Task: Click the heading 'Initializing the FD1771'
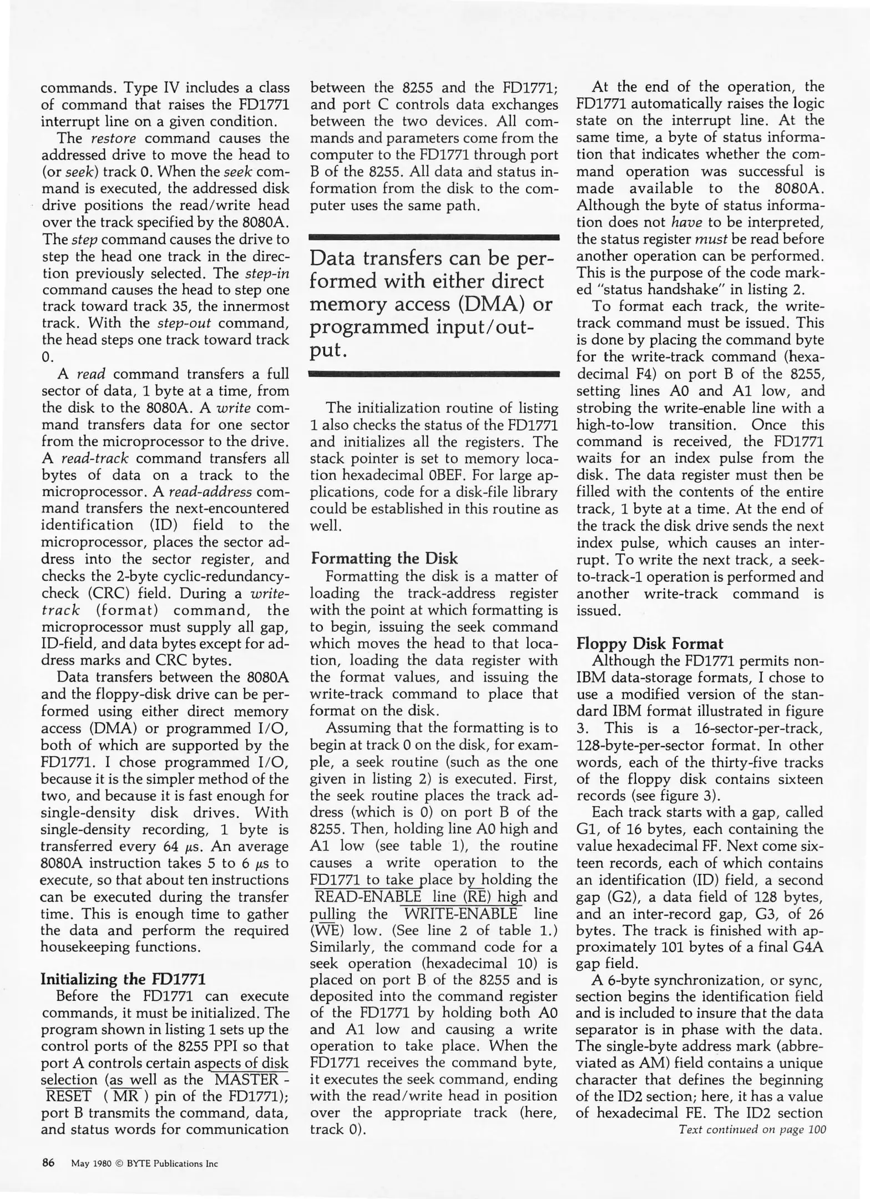123,979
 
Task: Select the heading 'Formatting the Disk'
384,558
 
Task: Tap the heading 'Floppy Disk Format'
650,643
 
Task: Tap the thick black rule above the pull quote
434,238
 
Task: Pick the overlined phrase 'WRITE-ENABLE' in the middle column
461,914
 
